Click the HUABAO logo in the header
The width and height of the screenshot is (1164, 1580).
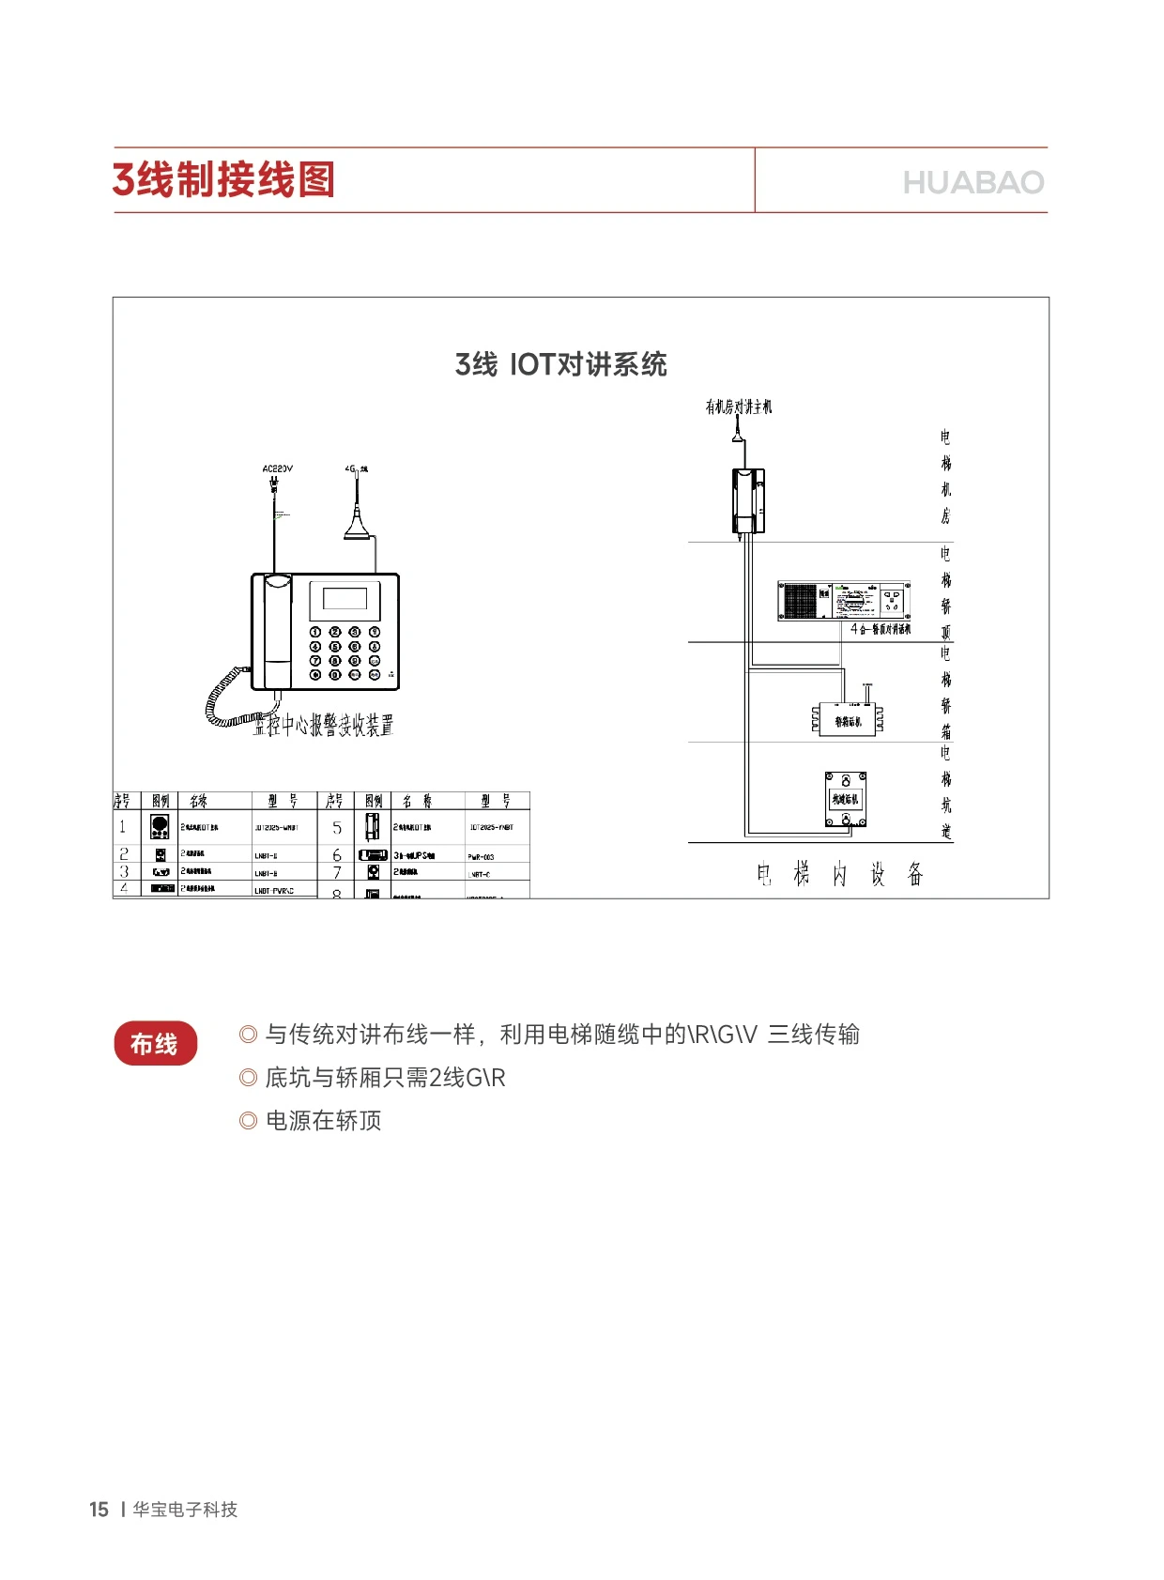[973, 182]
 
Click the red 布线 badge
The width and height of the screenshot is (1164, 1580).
[155, 1044]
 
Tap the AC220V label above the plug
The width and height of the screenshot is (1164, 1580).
[277, 468]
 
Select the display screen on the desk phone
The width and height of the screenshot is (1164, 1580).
[345, 599]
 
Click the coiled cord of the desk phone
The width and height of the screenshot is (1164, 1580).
[225, 700]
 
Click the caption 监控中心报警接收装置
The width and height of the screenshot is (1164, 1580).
[323, 726]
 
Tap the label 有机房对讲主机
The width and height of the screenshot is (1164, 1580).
[739, 407]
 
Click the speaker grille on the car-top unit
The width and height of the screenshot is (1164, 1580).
[800, 601]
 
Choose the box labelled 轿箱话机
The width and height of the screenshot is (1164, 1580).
[847, 720]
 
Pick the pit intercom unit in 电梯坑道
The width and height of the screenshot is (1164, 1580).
[846, 800]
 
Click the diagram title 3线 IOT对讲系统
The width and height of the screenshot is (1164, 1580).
[560, 364]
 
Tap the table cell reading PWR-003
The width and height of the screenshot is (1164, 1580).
[481, 856]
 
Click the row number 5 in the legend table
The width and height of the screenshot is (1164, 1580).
[337, 828]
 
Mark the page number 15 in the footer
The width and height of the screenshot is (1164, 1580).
[99, 1510]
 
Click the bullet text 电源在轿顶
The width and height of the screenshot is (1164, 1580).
[323, 1121]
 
